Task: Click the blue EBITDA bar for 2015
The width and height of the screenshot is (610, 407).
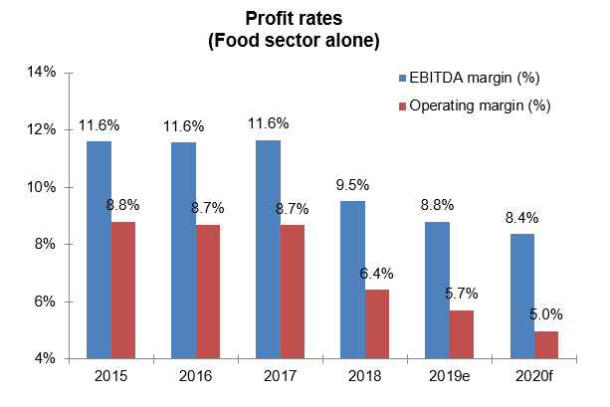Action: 99,249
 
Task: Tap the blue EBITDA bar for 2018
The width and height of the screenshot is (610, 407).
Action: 352,279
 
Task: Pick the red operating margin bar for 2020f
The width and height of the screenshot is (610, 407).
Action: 546,344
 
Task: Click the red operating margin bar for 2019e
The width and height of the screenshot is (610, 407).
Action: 462,333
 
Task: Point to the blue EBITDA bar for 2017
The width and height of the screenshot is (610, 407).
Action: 268,249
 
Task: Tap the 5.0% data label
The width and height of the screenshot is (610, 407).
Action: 545,313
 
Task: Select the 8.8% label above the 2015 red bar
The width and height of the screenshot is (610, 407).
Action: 123,205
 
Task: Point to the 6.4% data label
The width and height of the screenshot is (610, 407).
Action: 377,272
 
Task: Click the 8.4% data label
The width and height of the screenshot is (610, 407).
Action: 520,216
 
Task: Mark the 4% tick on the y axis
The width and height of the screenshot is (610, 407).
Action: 47,358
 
